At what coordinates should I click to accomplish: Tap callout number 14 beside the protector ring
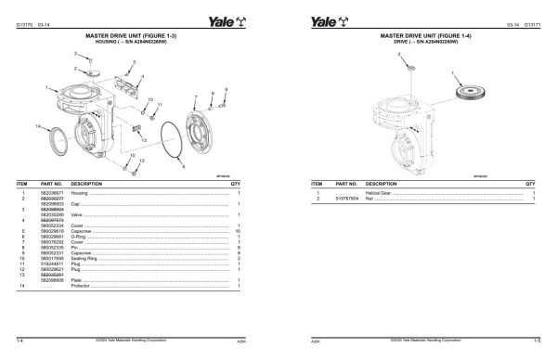pos(36,124)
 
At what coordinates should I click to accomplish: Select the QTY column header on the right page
pos(532,184)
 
